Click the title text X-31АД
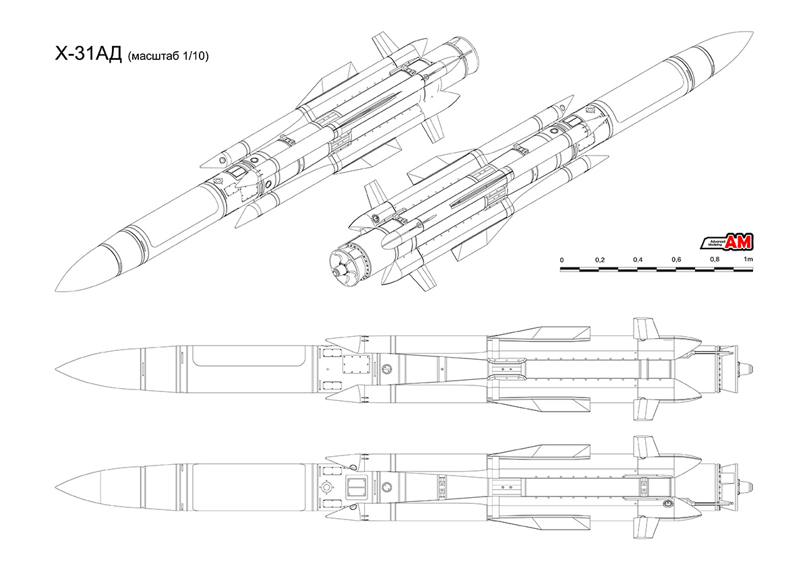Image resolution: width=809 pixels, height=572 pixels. tap(87, 56)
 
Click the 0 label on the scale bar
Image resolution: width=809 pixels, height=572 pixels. tap(562, 260)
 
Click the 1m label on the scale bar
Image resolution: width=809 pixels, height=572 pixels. tap(748, 260)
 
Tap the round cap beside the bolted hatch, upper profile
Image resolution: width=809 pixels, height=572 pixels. tap(387, 368)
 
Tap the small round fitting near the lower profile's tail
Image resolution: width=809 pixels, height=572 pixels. tap(669, 503)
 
